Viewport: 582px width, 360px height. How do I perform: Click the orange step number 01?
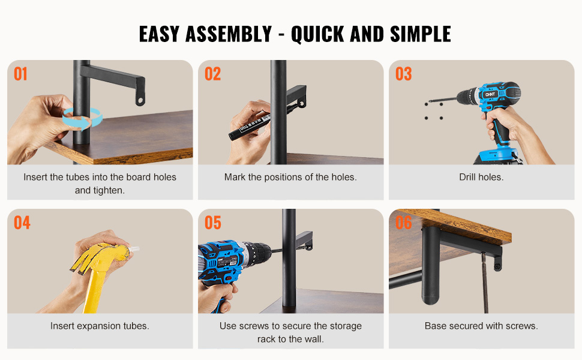coord(20,74)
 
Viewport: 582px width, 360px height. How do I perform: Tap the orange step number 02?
coord(212,74)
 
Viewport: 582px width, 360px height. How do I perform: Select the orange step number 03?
coord(403,74)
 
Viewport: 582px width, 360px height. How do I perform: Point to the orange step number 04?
coord(22,223)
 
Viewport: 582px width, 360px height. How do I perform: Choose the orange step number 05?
coord(212,223)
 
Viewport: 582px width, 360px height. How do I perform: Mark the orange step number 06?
coord(403,223)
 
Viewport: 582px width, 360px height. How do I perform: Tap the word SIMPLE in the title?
coord(421,34)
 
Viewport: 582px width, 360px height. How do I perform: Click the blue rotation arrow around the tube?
coord(82,118)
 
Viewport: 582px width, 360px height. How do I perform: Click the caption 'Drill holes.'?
coord(481,177)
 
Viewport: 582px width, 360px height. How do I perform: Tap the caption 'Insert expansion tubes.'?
coord(100,326)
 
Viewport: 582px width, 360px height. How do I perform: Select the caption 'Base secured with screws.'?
coord(481,326)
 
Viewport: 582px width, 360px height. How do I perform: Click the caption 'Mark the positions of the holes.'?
coord(290,177)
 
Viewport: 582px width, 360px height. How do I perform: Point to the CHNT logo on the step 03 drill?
coord(490,94)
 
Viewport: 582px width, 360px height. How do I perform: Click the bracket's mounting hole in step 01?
coord(140,100)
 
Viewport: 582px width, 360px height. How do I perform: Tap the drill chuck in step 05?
coord(259,252)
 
